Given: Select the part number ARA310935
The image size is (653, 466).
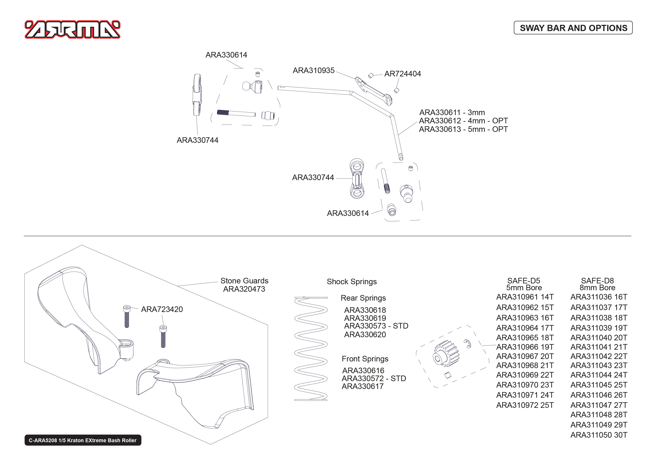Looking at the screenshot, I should coord(313,71).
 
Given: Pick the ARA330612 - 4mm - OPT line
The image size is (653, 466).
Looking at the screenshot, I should coord(463,121).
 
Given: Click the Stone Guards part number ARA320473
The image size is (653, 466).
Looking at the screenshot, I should coord(244,289).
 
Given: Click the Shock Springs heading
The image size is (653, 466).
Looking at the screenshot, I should coord(351,282).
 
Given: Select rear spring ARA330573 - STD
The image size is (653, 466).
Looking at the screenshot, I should coord(376,326).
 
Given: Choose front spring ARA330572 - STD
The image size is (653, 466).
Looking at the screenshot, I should coord(374,378).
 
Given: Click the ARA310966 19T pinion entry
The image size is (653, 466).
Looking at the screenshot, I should coord(525,347).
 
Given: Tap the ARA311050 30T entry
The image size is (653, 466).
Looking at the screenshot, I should coord(598,435).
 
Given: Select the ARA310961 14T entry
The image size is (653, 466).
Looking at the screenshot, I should coord(525,297).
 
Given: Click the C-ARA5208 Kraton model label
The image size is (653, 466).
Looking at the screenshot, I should coord(83,440).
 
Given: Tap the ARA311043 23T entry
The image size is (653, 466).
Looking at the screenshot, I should coord(598,366).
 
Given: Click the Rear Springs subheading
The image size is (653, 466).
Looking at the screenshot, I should coord(363,298).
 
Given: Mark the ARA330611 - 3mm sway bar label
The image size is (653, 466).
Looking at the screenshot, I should coord(452,112).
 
